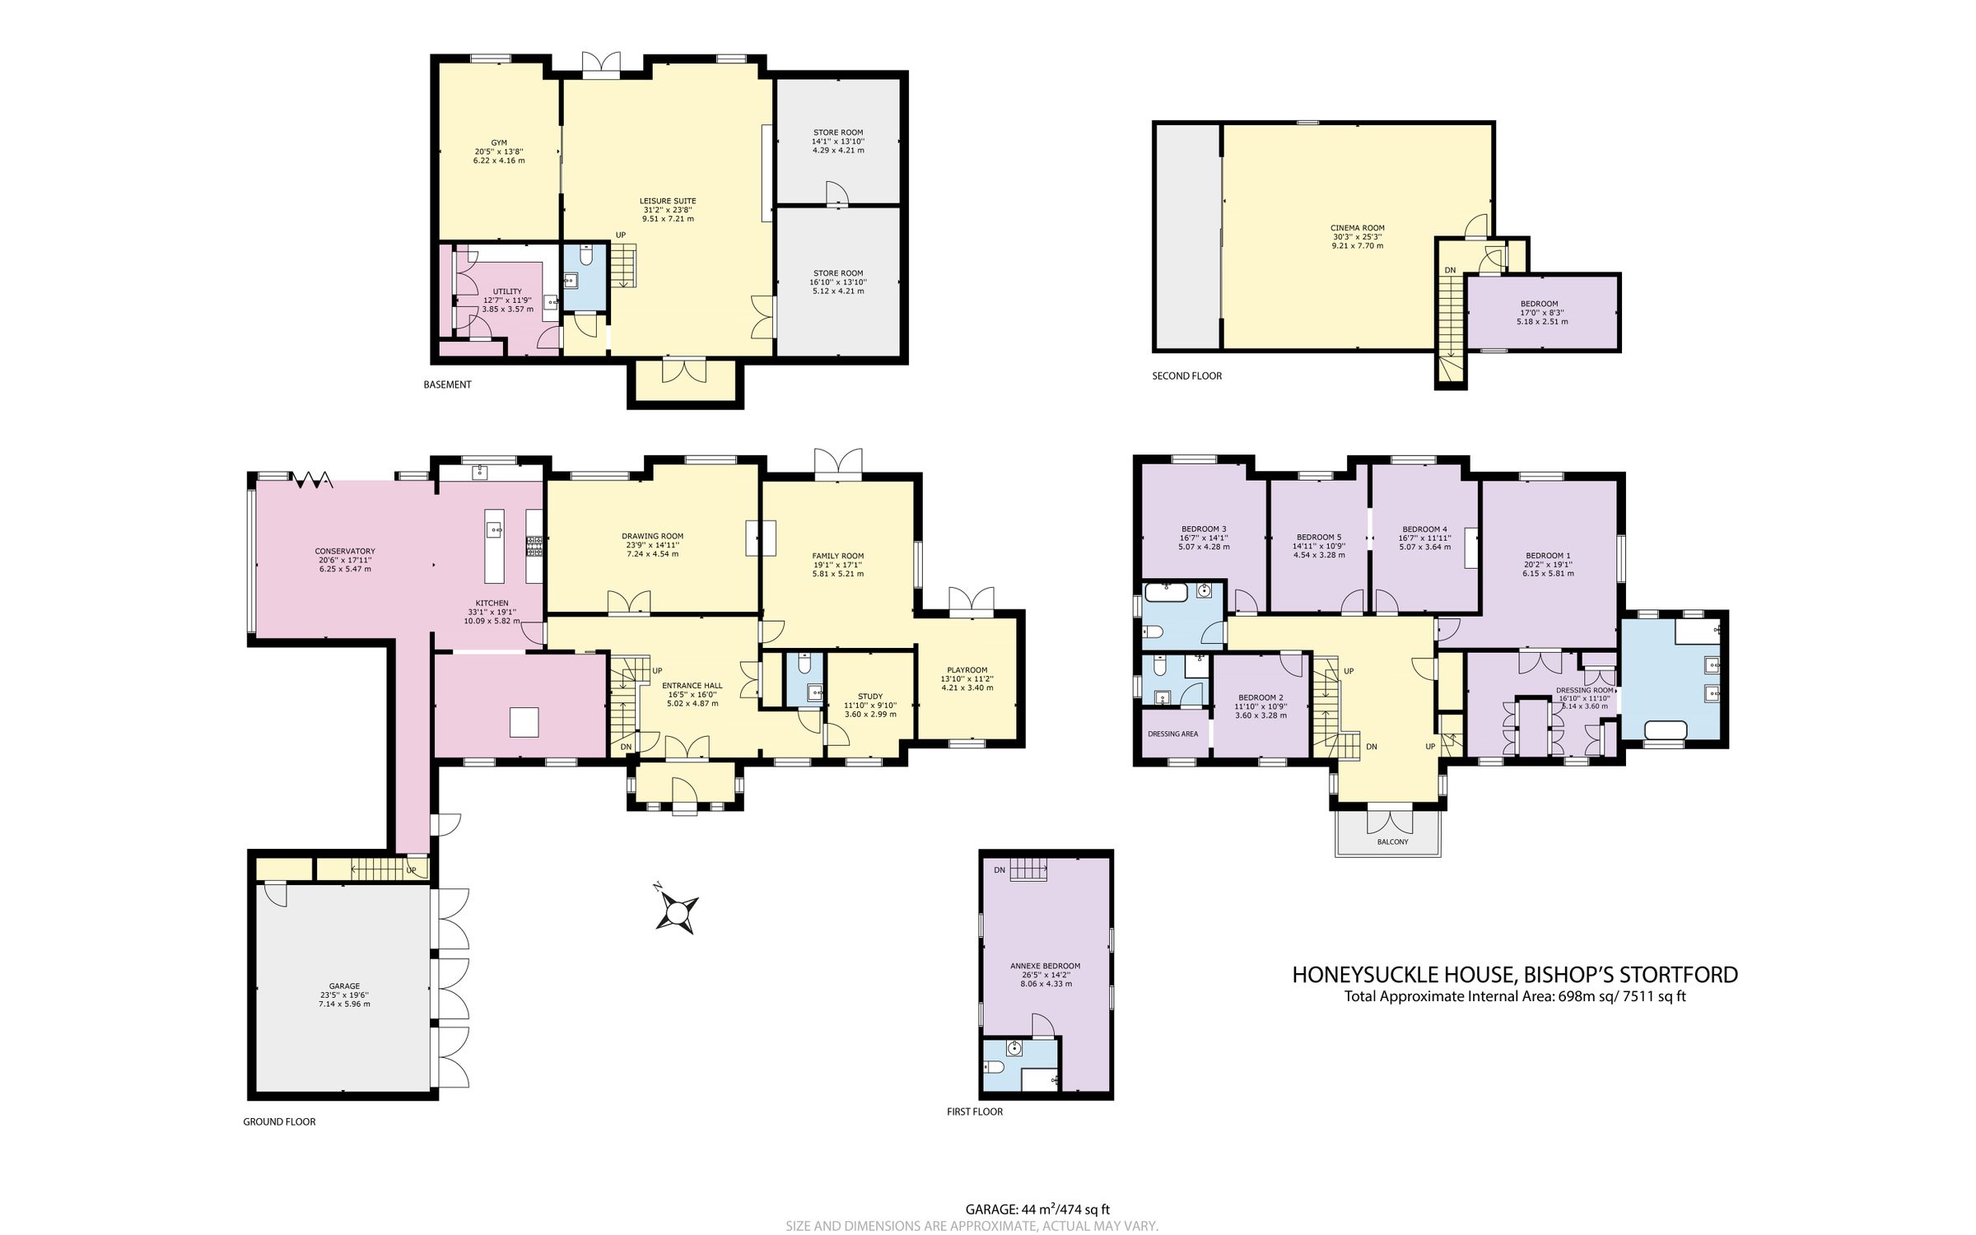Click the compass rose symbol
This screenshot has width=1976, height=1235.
coord(677,912)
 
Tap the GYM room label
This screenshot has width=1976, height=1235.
coord(499,142)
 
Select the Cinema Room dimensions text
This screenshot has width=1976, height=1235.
coord(1358,241)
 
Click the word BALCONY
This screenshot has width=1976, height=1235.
coord(1392,842)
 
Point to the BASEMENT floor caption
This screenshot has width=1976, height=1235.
coord(447,384)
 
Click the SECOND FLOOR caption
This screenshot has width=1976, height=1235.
coord(1186,376)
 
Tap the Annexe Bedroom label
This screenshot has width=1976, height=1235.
coord(1045,966)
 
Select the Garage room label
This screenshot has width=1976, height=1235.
coord(344,986)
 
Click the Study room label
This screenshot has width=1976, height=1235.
coord(870,697)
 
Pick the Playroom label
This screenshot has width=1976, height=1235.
coord(967,670)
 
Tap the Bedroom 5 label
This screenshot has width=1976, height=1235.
coord(1318,537)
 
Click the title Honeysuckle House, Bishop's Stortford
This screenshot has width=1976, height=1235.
coord(1514,975)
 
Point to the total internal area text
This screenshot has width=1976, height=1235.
coord(1515,996)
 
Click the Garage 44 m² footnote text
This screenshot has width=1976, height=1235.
coord(1037,1209)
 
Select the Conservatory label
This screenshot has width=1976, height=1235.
coord(344,552)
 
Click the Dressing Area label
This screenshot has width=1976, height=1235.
coord(1172,734)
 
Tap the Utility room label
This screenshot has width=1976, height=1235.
coord(507,291)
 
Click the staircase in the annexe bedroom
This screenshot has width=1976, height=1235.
coord(1029,869)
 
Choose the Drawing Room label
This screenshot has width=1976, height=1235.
coord(652,536)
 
